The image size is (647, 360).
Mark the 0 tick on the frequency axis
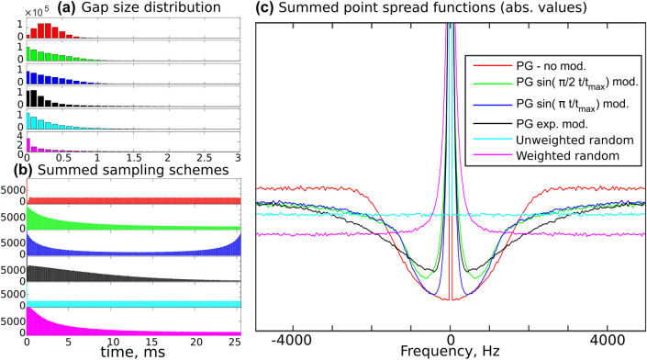coord(451,336)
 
